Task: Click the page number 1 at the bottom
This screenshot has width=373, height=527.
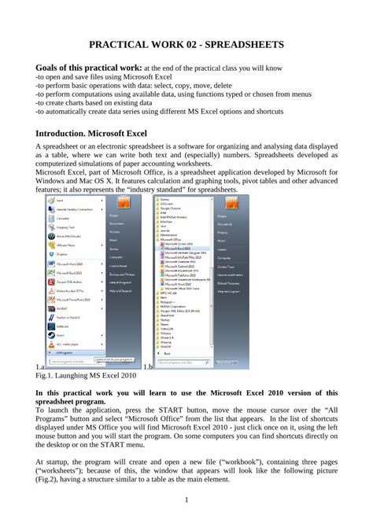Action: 186,501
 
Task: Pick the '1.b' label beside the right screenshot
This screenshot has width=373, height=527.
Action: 148,367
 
